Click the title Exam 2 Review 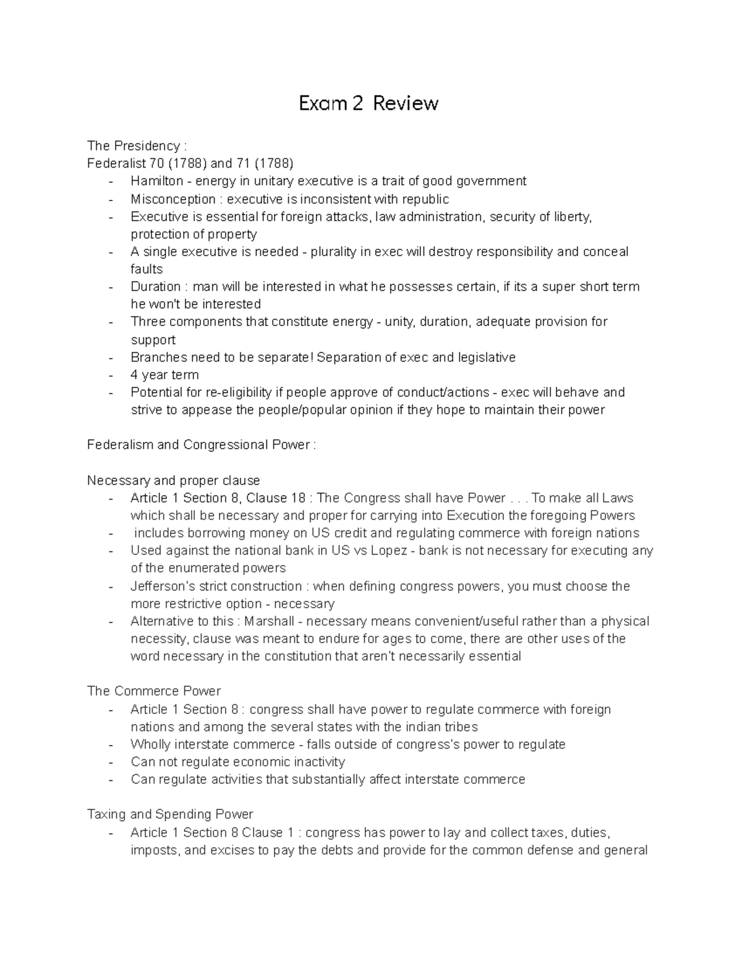369,103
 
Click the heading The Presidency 135,146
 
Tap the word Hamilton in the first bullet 156,181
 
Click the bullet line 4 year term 164,375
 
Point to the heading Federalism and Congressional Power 201,445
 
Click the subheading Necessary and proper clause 173,481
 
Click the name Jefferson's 163,586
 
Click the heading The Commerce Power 153,691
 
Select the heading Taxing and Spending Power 170,814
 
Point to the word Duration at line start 155,287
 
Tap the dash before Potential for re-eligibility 111,392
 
